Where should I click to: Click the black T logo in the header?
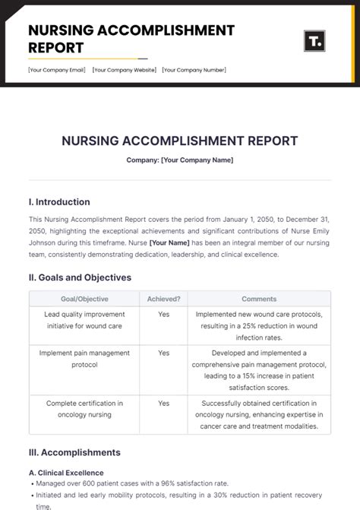(x=314, y=41)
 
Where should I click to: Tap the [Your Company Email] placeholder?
(x=58, y=70)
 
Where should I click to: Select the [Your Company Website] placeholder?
(x=125, y=70)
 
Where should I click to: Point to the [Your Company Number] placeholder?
(x=193, y=70)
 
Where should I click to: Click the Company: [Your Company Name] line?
(x=180, y=160)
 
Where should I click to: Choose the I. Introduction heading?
(x=59, y=202)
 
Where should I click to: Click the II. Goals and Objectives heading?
(x=80, y=277)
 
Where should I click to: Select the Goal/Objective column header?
(x=83, y=299)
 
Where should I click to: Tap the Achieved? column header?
(x=163, y=299)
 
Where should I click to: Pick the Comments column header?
(x=259, y=299)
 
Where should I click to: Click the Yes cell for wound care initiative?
(x=163, y=314)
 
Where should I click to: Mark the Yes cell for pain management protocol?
(x=163, y=353)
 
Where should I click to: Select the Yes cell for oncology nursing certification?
(x=163, y=404)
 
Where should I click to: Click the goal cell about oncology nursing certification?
(x=84, y=409)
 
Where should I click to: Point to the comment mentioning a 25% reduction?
(x=259, y=325)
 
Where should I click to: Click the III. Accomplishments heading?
(x=74, y=453)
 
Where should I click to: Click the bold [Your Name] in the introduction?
(x=169, y=242)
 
